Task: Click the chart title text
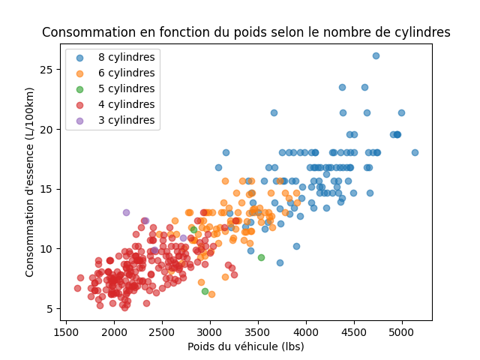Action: pyautogui.click(x=246, y=33)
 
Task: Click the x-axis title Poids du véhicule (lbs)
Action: pyautogui.click(x=246, y=346)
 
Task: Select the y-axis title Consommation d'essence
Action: pyautogui.click(x=30, y=182)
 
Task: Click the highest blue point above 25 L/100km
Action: pyautogui.click(x=376, y=55)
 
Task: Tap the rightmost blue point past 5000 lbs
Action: pyautogui.click(x=415, y=152)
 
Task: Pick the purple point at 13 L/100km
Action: pyautogui.click(x=126, y=212)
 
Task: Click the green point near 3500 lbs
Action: pyautogui.click(x=261, y=257)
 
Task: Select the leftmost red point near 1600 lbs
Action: pyautogui.click(x=77, y=288)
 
